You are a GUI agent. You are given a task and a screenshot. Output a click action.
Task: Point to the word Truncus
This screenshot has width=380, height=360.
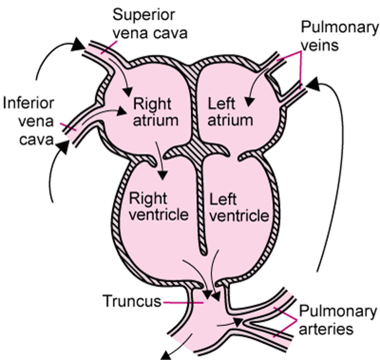132,302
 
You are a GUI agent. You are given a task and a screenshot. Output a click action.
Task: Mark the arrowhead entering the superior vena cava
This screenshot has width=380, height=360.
78,45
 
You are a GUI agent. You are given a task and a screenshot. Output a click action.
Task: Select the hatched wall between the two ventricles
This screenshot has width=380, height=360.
201,207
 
